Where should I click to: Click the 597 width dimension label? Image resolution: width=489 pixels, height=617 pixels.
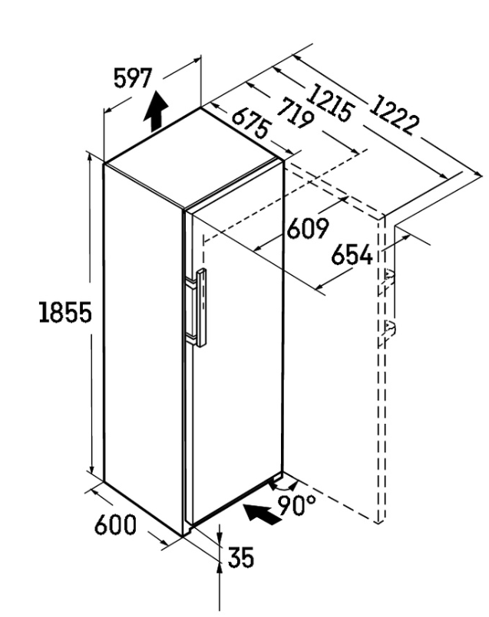132,78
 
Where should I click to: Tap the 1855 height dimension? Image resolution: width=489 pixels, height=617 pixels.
65,312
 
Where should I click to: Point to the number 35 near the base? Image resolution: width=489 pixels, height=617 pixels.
241,557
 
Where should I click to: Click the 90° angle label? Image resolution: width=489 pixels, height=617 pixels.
297,505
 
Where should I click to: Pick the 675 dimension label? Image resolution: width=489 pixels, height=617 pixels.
251,123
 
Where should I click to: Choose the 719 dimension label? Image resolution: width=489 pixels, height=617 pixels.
295,113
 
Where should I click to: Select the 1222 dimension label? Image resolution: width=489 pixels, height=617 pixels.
393,114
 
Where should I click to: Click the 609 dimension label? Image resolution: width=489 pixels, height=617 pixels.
307,228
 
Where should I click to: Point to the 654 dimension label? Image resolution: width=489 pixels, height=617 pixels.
352,254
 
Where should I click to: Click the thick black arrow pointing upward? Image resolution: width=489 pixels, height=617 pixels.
156,111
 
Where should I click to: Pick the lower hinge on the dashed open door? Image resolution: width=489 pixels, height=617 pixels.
389,329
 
